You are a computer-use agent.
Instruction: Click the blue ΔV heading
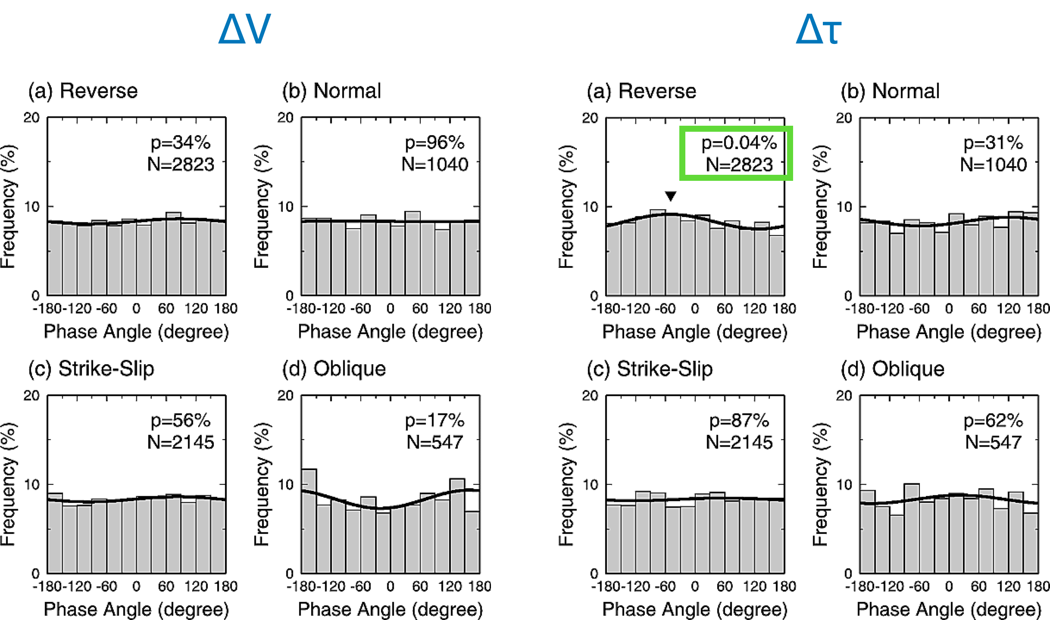pyautogui.click(x=244, y=29)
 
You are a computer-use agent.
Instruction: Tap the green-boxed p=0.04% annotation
pyautogui.click(x=739, y=143)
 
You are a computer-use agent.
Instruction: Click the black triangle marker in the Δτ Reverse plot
pyautogui.click(x=670, y=196)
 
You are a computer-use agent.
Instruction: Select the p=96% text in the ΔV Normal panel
pyautogui.click(x=434, y=143)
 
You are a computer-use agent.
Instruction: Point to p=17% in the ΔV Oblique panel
pyautogui.click(x=434, y=421)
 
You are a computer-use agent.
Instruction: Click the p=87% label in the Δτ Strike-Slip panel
pyautogui.click(x=739, y=421)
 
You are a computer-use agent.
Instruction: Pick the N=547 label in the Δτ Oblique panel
pyautogui.click(x=993, y=442)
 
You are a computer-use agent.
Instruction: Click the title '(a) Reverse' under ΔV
pyautogui.click(x=83, y=91)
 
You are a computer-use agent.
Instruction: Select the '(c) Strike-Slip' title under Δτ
pyautogui.click(x=650, y=369)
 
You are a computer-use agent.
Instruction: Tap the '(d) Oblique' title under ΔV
pyautogui.click(x=334, y=369)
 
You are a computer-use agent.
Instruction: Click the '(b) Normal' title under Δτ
pyautogui.click(x=890, y=91)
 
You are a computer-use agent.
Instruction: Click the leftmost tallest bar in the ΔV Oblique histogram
pyautogui.click(x=309, y=521)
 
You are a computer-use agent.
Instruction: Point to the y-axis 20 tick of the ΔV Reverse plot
pyautogui.click(x=31, y=118)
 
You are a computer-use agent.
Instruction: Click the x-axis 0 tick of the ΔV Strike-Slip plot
pyautogui.click(x=136, y=586)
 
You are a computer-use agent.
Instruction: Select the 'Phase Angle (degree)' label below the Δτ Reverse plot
pyautogui.click(x=694, y=332)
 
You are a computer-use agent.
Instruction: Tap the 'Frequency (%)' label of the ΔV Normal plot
pyautogui.click(x=262, y=207)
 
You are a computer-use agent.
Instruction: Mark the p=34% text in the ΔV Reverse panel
pyautogui.click(x=181, y=143)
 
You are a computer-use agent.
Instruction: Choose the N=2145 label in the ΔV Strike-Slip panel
pyautogui.click(x=181, y=442)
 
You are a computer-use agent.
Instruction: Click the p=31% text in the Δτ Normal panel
pyautogui.click(x=993, y=143)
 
